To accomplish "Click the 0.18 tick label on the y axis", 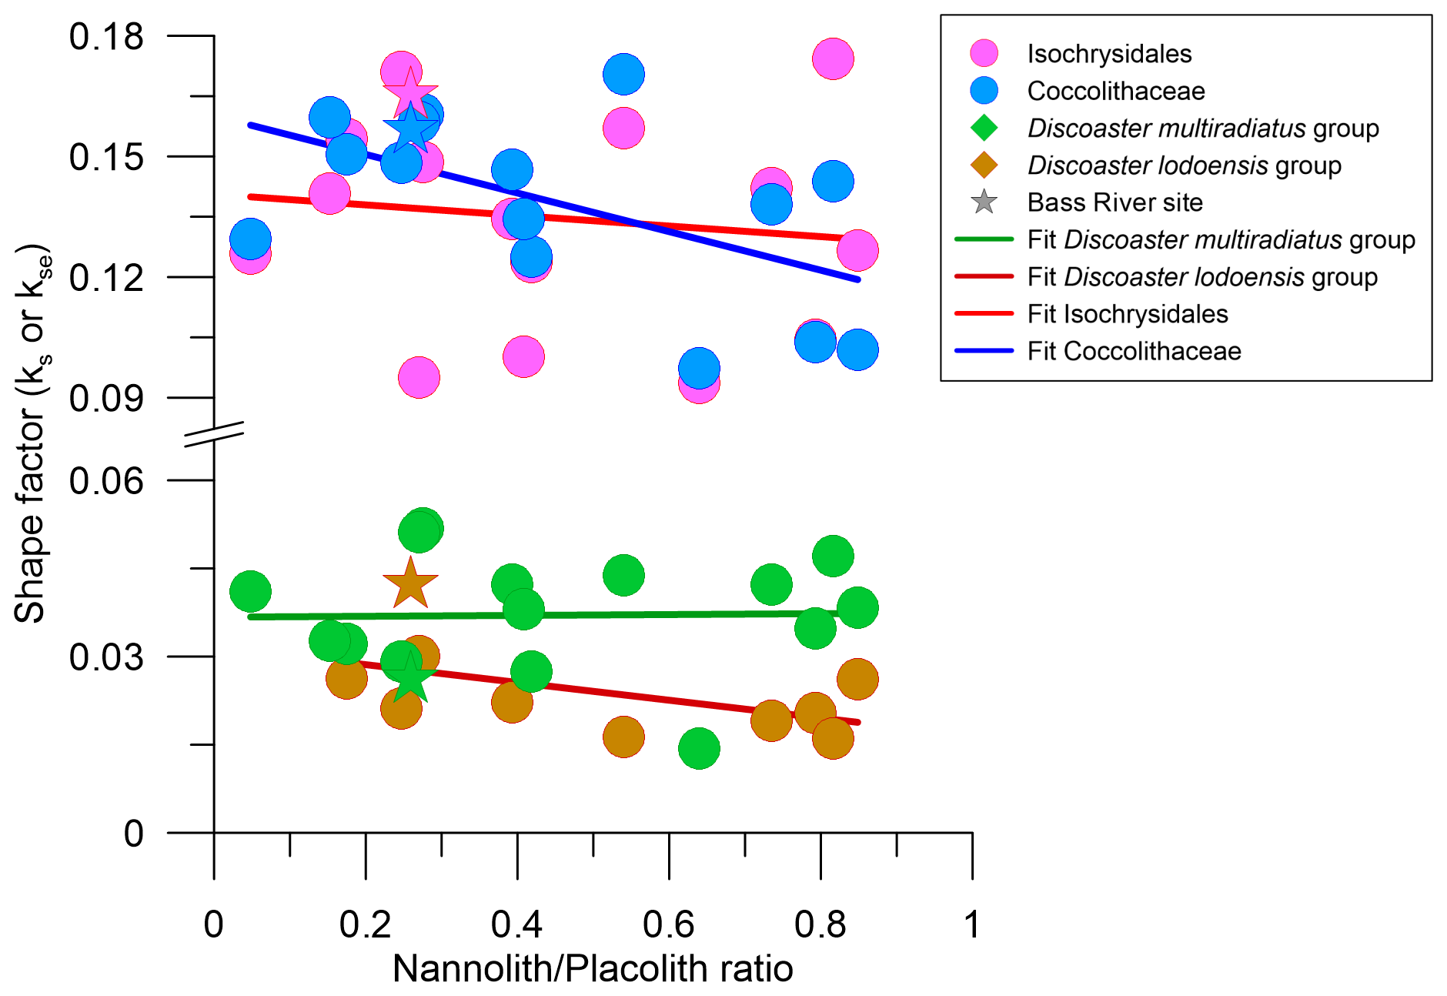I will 106,37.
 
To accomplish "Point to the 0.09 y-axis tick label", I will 106,399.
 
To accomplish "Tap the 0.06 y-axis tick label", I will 106,481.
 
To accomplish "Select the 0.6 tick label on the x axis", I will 668,924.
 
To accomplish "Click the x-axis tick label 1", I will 972,924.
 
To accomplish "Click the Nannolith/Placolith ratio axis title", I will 593,969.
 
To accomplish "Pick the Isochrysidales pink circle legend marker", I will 984,53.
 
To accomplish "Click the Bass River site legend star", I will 984,202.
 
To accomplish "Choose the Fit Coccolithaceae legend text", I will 1134,352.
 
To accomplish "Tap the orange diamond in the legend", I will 984,165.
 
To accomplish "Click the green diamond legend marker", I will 984,128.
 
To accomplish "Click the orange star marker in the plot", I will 410,583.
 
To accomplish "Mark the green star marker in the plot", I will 409,677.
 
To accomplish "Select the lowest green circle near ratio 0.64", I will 699,748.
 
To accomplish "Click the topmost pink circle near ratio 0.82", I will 833,58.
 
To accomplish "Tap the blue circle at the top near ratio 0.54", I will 623,75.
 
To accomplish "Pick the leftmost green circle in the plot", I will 250,591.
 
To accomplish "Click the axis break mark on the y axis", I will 214,434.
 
